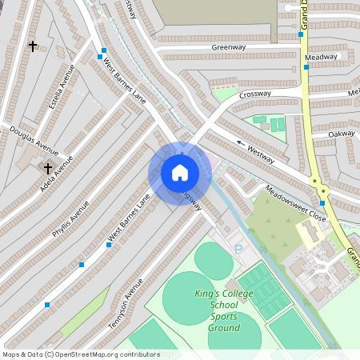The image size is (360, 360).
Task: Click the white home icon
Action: coord(180,172)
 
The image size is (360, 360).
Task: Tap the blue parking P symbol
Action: coord(238,249)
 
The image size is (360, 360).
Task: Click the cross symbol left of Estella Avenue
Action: coord(33,46)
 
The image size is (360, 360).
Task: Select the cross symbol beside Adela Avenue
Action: coord(47,168)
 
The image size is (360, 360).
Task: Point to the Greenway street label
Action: coord(228,47)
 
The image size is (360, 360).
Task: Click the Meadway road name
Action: coord(322,57)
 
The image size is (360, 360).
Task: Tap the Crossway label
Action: coord(255,93)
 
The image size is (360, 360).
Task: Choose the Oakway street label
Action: coord(341,134)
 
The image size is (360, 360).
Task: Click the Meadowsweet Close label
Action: coord(296,204)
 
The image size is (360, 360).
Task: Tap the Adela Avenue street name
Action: coord(56,174)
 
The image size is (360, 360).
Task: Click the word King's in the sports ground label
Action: coord(209,294)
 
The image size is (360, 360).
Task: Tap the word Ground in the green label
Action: coord(225,328)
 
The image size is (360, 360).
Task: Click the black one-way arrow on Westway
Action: coord(241,142)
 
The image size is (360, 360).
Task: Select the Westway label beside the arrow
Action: coord(261,153)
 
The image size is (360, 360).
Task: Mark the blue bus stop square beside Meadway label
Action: coord(306,67)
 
